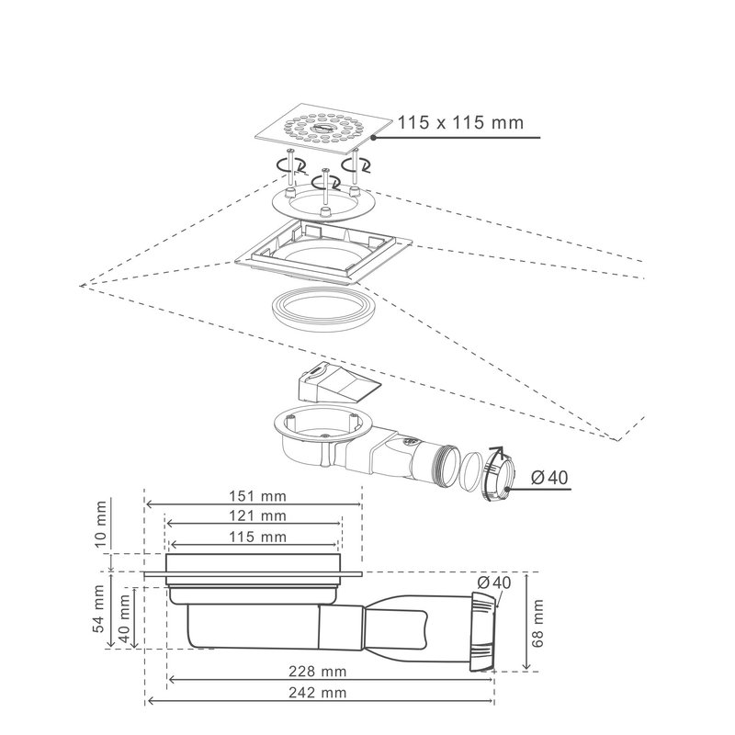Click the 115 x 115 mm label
(x=460, y=123)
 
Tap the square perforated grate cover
(x=323, y=129)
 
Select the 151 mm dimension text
(x=257, y=496)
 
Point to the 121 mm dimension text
(x=257, y=515)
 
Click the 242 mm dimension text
(x=318, y=693)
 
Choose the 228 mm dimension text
(x=318, y=672)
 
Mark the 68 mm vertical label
(x=537, y=624)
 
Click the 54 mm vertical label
(x=98, y=608)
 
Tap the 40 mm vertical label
(x=125, y=618)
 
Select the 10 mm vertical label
(x=100, y=524)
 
